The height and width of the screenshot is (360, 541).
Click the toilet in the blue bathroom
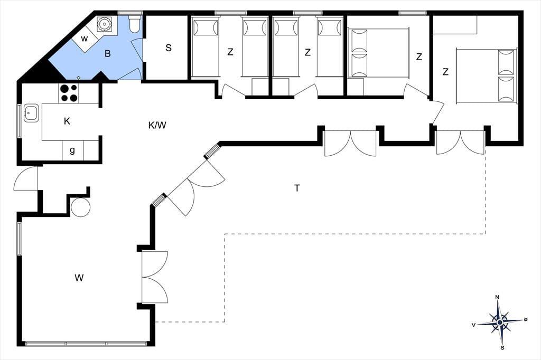click(x=134, y=24)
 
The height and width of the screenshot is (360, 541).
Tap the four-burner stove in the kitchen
click(x=69, y=93)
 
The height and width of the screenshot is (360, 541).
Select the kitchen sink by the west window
click(x=31, y=113)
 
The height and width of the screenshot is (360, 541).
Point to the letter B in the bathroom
click(x=108, y=54)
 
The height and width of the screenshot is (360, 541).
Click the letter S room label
click(x=169, y=48)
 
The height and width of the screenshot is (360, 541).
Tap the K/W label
click(x=157, y=125)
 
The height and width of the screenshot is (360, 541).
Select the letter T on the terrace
click(x=297, y=188)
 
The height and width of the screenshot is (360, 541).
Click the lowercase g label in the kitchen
click(x=72, y=150)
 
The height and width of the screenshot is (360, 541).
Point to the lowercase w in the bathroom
click(x=84, y=39)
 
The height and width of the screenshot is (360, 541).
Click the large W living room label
click(x=79, y=278)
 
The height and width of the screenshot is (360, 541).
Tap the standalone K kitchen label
click(x=67, y=121)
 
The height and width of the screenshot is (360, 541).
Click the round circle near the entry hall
click(x=80, y=207)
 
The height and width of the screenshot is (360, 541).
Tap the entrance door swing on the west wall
click(x=25, y=178)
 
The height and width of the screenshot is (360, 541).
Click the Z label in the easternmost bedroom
click(x=445, y=72)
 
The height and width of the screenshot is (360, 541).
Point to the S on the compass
click(x=502, y=347)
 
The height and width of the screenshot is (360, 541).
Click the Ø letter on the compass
click(x=526, y=320)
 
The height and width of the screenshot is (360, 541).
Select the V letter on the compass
click(x=474, y=325)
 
